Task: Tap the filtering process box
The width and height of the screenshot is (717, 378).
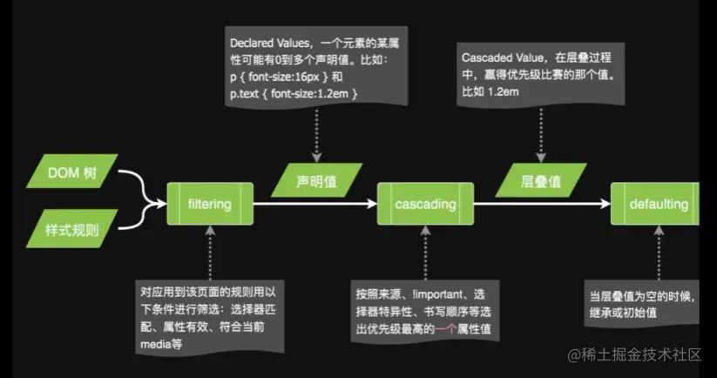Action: pos(209,205)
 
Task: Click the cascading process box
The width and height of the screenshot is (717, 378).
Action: pos(425,205)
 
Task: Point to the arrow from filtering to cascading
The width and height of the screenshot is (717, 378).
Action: pos(315,205)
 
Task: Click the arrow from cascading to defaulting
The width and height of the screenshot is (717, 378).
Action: pos(540,205)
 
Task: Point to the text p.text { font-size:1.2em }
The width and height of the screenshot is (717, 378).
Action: pos(294,92)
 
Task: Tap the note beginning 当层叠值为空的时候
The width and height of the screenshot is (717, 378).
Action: pos(645,303)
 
